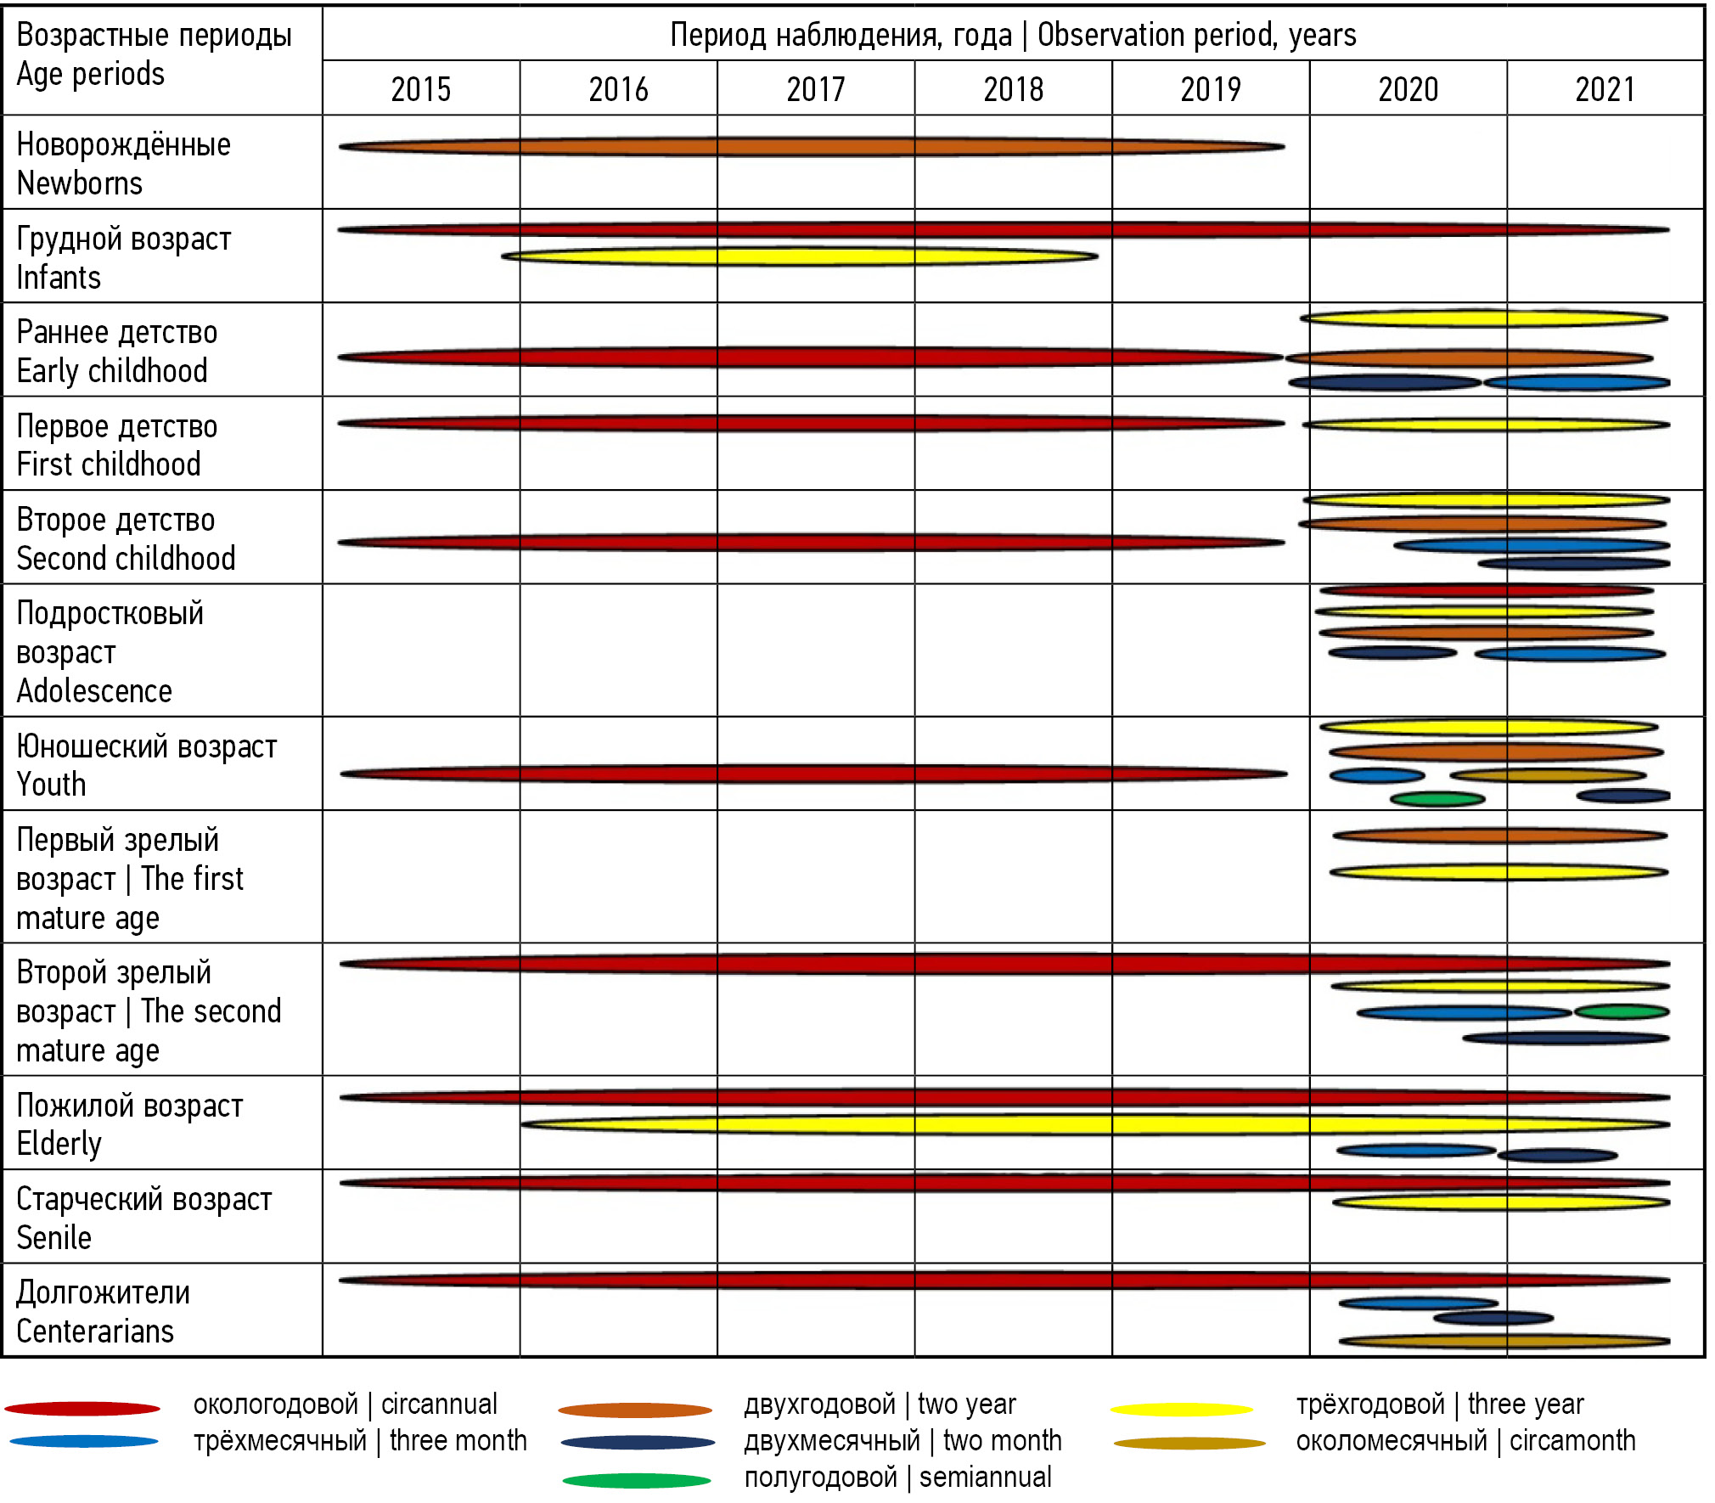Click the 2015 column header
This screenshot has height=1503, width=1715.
click(x=421, y=89)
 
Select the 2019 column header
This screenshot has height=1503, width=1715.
click(x=1211, y=89)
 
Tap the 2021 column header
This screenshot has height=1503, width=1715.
click(x=1605, y=89)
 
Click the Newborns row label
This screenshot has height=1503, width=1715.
click(x=123, y=163)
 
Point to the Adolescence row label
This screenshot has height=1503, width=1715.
click(x=110, y=651)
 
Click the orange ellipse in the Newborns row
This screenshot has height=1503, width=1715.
click(x=811, y=147)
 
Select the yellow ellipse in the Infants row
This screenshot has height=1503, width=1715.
click(x=799, y=256)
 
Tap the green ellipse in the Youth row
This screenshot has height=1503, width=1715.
click(x=1437, y=799)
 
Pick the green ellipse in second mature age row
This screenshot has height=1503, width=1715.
click(x=1622, y=1011)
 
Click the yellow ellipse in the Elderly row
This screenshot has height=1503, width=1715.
click(x=1095, y=1124)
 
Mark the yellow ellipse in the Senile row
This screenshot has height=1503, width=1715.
click(x=1501, y=1202)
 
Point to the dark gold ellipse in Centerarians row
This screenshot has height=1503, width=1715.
click(x=1504, y=1342)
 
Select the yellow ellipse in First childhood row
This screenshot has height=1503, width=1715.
click(x=1486, y=425)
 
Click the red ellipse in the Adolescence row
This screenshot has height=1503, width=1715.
click(x=1486, y=590)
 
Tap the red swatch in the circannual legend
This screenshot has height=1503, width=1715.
click(x=82, y=1409)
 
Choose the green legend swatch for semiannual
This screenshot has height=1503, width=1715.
click(x=637, y=1481)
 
